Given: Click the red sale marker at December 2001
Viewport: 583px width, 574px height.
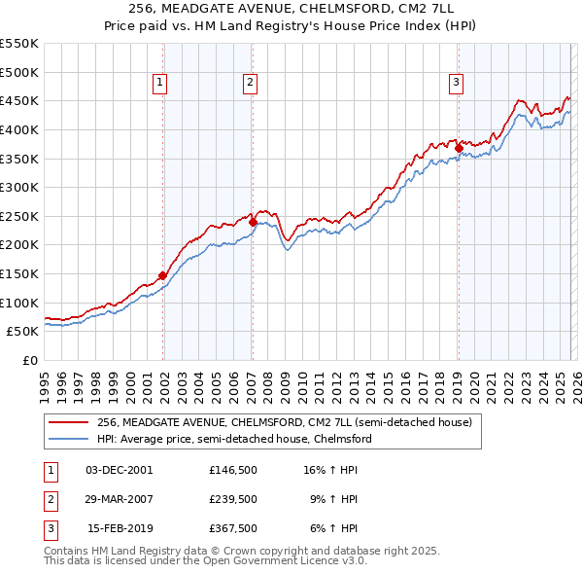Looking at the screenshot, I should click(x=162, y=275).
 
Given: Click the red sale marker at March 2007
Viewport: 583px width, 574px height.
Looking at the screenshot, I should click(x=253, y=222).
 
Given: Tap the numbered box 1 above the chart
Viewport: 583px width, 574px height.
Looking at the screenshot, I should click(x=159, y=84).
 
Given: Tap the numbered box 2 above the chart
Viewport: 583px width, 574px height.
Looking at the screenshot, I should click(x=250, y=84).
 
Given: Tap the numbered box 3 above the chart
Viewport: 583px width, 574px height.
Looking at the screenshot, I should click(x=456, y=84).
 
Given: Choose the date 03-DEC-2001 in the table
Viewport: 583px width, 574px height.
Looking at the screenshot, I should click(x=120, y=470).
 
